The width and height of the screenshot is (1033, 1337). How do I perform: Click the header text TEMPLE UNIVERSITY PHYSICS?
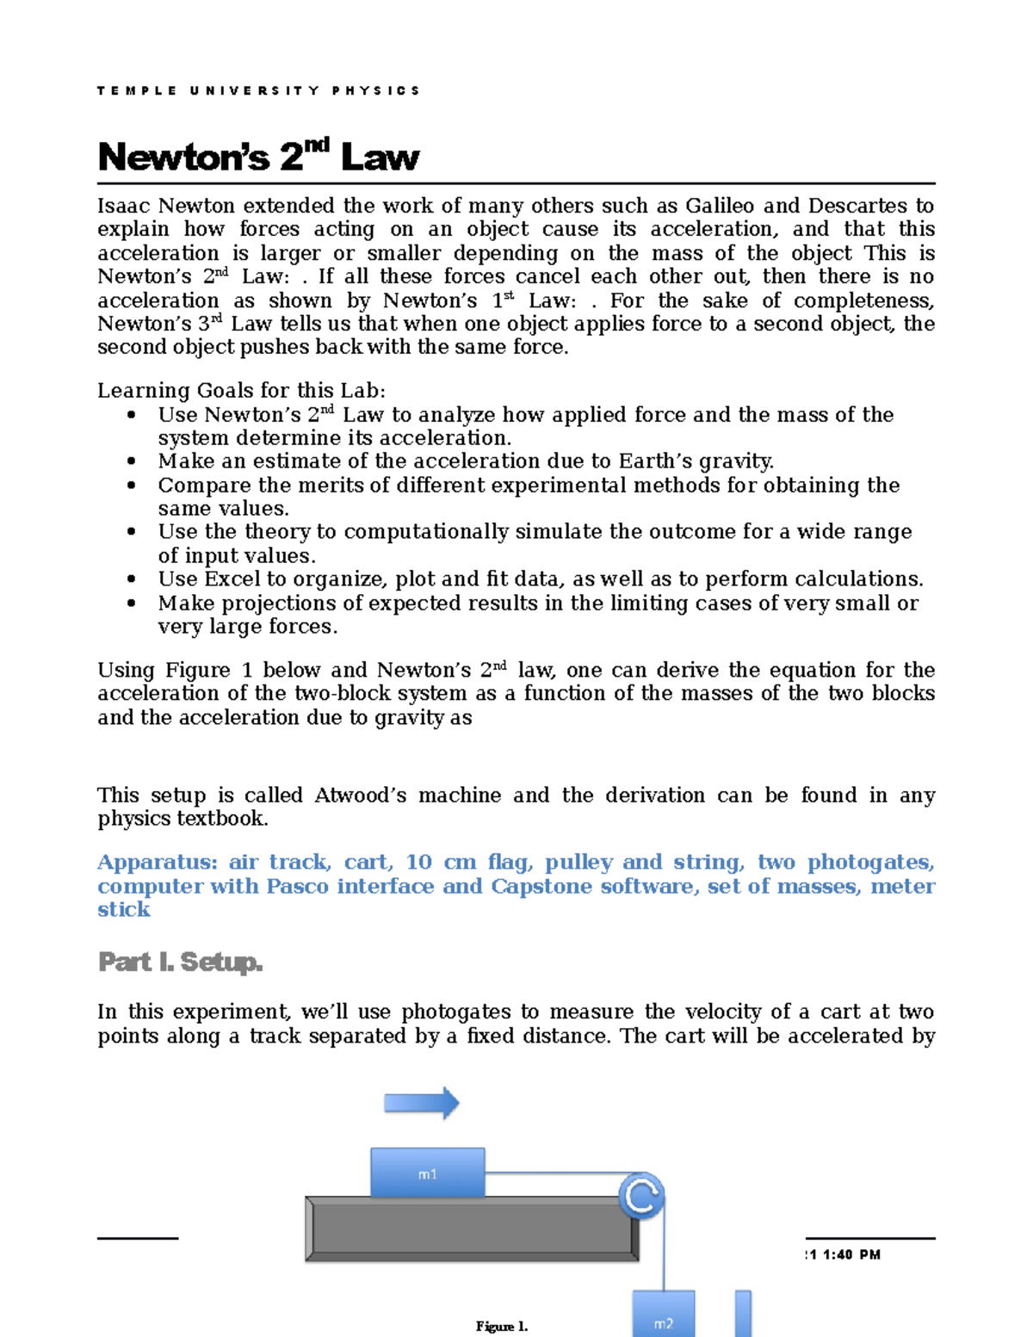(x=258, y=90)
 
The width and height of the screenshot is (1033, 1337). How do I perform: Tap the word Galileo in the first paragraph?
(x=720, y=206)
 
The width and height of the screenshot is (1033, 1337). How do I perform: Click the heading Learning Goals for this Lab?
(x=241, y=391)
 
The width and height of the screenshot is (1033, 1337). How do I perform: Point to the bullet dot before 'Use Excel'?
(x=132, y=579)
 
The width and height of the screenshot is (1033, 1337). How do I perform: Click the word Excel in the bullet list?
(x=233, y=579)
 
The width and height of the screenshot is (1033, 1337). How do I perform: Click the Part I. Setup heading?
(x=180, y=962)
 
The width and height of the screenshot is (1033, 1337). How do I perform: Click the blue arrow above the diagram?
(x=421, y=1103)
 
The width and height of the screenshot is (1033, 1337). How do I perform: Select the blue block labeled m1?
(x=427, y=1173)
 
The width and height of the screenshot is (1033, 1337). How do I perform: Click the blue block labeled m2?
(x=663, y=1314)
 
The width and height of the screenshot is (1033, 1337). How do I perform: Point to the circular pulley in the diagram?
(x=642, y=1196)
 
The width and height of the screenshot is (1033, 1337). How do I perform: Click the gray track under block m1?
(x=472, y=1229)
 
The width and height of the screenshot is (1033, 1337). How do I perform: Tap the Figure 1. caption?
(x=501, y=1327)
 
